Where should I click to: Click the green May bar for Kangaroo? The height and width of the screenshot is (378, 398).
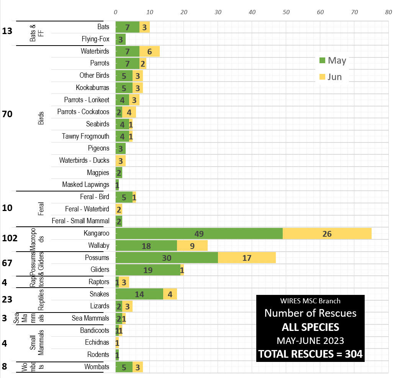[199, 233]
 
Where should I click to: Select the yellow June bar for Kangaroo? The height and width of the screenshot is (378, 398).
[327, 233]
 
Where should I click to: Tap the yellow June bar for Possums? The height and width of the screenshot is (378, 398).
[247, 258]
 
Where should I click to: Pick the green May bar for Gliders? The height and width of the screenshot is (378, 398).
[148, 270]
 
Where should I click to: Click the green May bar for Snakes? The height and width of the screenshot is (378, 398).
[139, 294]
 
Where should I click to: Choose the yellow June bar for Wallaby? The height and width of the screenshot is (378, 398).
[192, 245]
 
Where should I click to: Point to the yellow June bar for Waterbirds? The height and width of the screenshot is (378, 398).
[149, 51]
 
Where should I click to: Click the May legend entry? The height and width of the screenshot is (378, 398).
[332, 60]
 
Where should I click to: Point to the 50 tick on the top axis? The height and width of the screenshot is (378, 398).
[286, 12]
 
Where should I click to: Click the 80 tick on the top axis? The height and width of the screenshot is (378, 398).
[388, 12]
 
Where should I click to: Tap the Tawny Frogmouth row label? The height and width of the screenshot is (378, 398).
[85, 136]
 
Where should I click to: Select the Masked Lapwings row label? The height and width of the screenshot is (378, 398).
[85, 185]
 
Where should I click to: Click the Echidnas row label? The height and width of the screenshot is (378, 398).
[97, 342]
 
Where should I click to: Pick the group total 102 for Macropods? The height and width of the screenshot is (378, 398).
[10, 238]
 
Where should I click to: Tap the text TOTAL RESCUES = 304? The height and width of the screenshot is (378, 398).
[310, 354]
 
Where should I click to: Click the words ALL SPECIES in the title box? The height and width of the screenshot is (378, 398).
[310, 327]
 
